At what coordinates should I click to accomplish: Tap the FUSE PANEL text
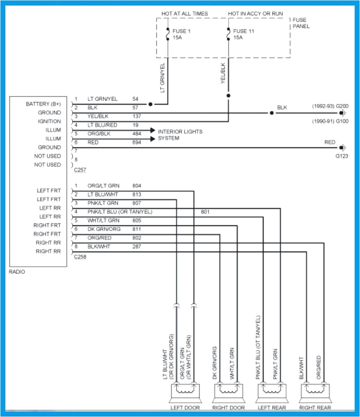click(x=301, y=23)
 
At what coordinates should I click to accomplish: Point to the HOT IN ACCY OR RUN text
click(x=255, y=13)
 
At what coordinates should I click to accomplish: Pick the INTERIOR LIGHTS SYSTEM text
click(x=180, y=135)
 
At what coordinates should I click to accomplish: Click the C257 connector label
click(x=80, y=169)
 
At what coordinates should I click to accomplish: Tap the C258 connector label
click(x=80, y=257)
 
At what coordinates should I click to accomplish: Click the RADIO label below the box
click(x=17, y=272)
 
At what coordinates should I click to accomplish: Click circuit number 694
click(x=137, y=143)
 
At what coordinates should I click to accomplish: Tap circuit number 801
click(x=205, y=212)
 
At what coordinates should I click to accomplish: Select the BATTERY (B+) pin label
click(x=44, y=104)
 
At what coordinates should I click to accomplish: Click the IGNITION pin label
click(x=49, y=121)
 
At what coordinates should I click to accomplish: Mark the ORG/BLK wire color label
click(x=99, y=134)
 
